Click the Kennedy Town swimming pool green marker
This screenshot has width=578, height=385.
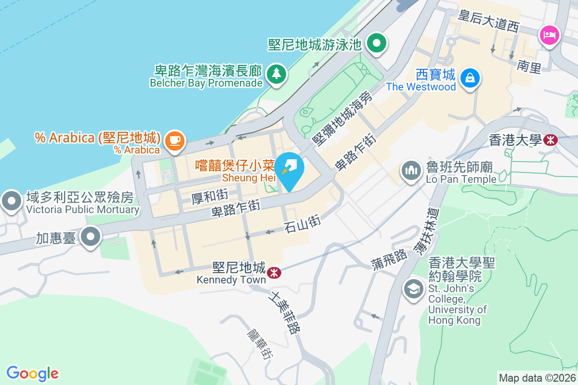377,44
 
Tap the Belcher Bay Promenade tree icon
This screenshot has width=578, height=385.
276,74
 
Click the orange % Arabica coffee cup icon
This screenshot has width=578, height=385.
174,141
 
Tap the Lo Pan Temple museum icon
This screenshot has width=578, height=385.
411,171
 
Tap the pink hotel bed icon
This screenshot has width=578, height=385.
549,35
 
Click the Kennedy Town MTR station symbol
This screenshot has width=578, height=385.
274,273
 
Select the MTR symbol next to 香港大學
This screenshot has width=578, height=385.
550,140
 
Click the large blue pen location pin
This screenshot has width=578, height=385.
289,169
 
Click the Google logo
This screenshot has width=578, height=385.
32,373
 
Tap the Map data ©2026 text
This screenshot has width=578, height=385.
537,378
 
